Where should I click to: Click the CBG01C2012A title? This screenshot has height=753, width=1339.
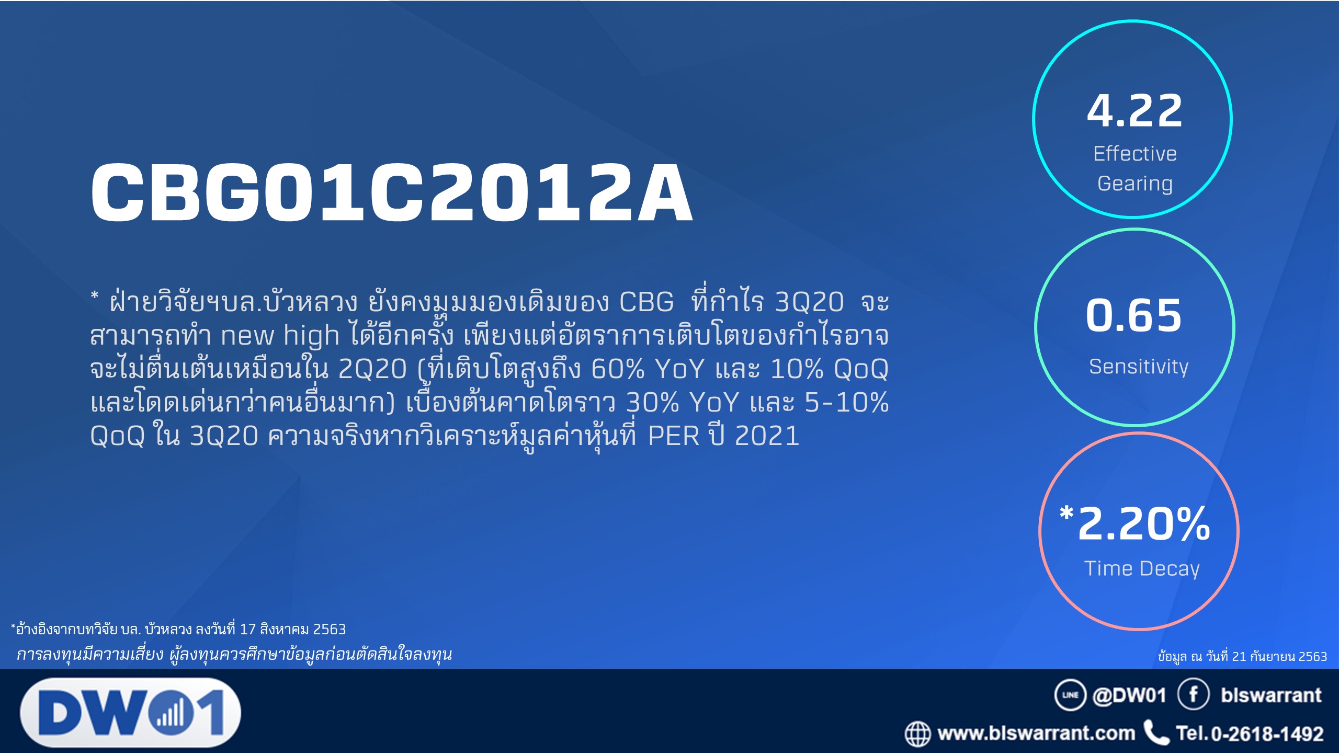tap(392, 192)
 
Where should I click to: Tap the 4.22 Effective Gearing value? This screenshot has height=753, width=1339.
tap(1134, 110)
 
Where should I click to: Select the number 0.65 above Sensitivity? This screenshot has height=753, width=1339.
tap(1134, 315)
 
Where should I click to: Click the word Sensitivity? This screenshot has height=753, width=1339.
tap(1139, 366)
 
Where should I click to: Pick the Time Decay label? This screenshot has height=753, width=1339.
tap(1142, 568)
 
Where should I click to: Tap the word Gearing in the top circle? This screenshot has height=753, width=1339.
tap(1134, 184)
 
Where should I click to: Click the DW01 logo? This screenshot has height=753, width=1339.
tap(131, 712)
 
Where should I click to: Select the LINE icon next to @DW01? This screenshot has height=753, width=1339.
tap(1070, 695)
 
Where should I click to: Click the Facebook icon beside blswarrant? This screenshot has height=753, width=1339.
tap(1194, 694)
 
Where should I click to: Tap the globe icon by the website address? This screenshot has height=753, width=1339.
tap(918, 734)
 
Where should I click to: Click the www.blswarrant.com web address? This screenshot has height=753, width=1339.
tap(1036, 733)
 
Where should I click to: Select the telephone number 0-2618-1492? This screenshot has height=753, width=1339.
tap(1267, 734)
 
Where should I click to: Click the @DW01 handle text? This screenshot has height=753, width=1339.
tap(1129, 695)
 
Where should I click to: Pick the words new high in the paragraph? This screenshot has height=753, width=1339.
tap(280, 336)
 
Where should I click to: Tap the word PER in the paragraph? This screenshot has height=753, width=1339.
tap(674, 436)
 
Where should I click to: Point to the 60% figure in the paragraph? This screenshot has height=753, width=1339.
tap(617, 369)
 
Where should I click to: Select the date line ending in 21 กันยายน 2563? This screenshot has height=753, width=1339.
tap(1242, 656)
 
